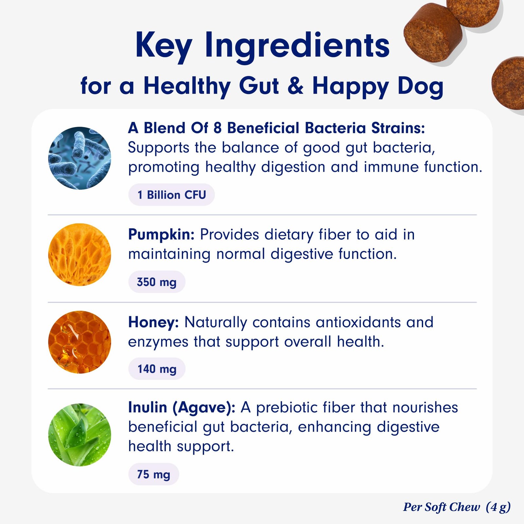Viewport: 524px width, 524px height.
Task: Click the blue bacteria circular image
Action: [80, 158]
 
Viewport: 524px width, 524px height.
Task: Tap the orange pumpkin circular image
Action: [80, 255]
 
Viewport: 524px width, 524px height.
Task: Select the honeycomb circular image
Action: [80, 342]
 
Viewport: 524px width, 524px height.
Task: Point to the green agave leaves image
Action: [80, 435]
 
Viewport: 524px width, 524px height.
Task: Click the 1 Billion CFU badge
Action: [172, 195]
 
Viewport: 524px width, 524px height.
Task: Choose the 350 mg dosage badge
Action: [157, 282]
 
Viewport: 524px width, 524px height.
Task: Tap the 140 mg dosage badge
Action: [157, 369]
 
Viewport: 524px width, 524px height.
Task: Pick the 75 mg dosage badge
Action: [154, 474]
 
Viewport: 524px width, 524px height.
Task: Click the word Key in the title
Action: [164, 46]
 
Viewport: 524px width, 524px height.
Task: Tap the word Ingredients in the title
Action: [298, 46]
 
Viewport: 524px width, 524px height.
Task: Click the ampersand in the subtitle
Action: [296, 85]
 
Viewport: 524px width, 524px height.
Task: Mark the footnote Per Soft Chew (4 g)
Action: [457, 507]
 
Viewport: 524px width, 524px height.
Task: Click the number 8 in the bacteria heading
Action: [217, 128]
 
